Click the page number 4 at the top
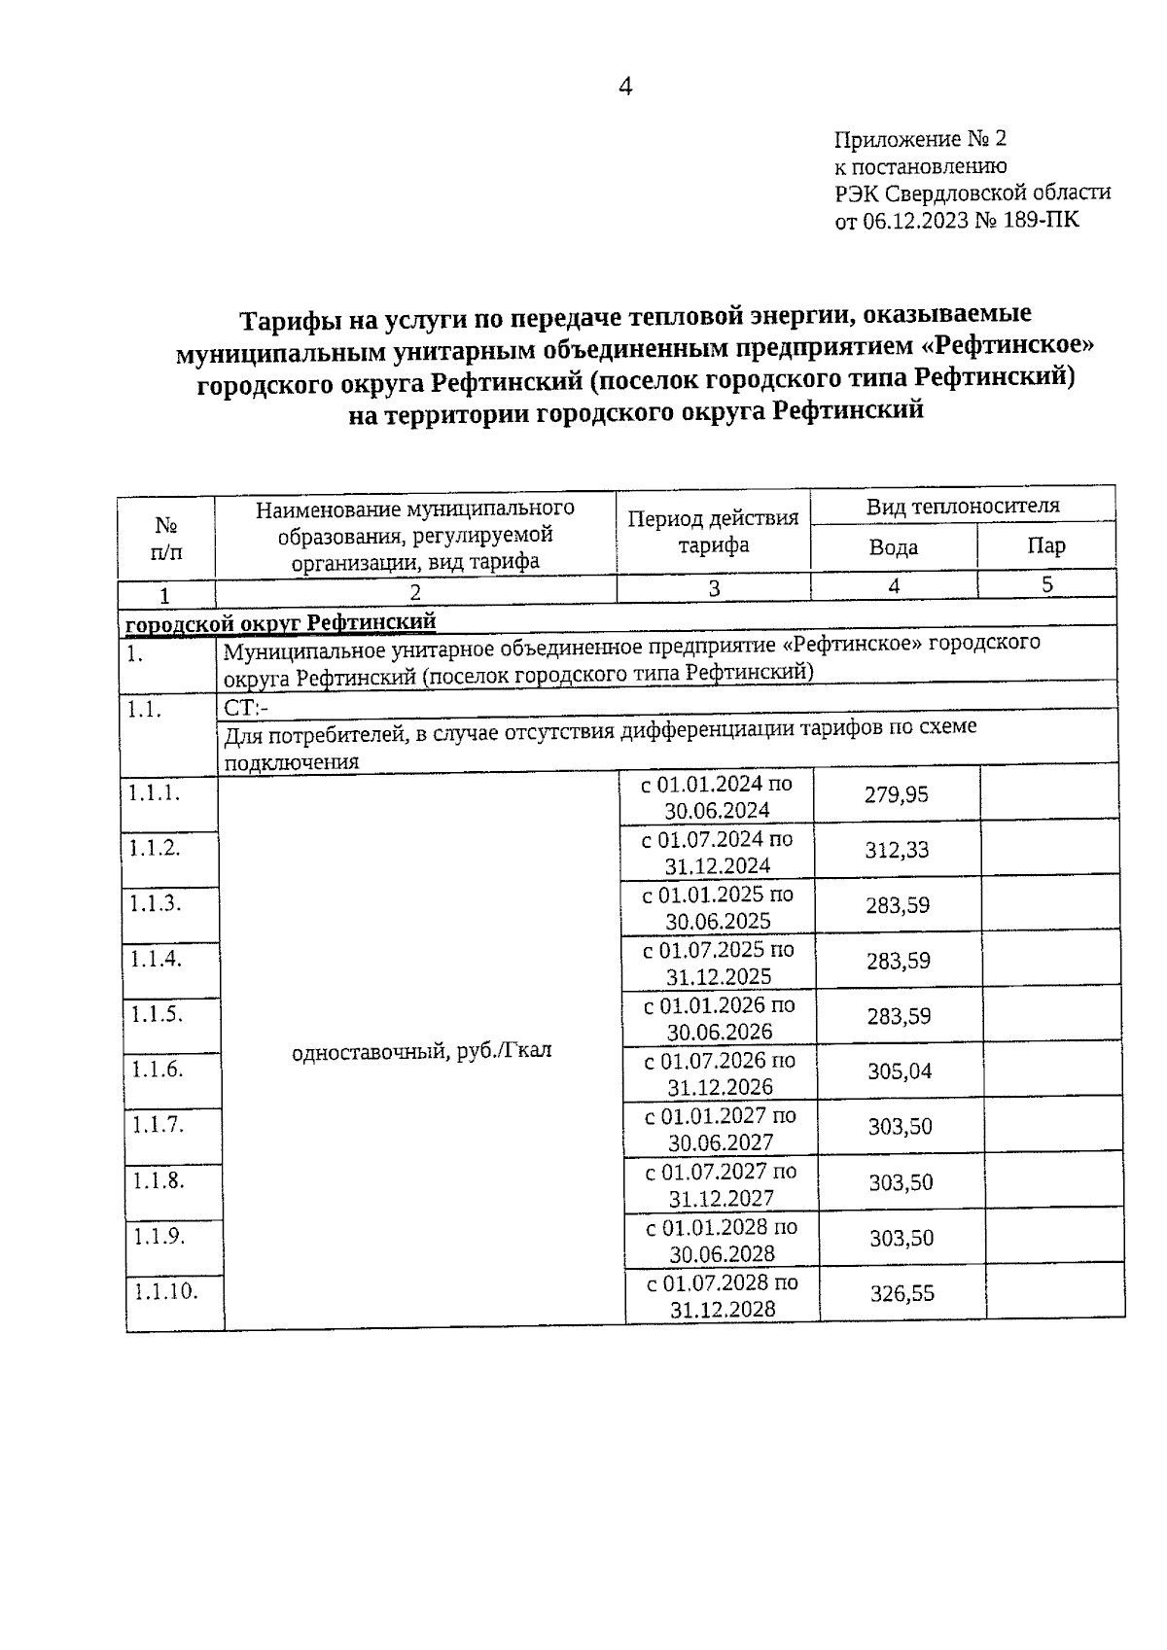click(x=625, y=87)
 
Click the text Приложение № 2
click(x=920, y=139)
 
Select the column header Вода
click(x=893, y=547)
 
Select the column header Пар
click(x=1045, y=545)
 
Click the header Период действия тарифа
click(x=713, y=532)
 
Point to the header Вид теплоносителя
click(x=962, y=506)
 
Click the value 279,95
click(x=896, y=794)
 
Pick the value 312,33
click(x=897, y=850)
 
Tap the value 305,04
click(x=899, y=1071)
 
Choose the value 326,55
click(x=902, y=1293)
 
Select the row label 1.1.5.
click(x=156, y=1014)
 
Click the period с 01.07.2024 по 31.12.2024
click(x=718, y=852)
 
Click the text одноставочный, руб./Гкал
click(x=422, y=1051)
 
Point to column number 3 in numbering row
click(x=714, y=588)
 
